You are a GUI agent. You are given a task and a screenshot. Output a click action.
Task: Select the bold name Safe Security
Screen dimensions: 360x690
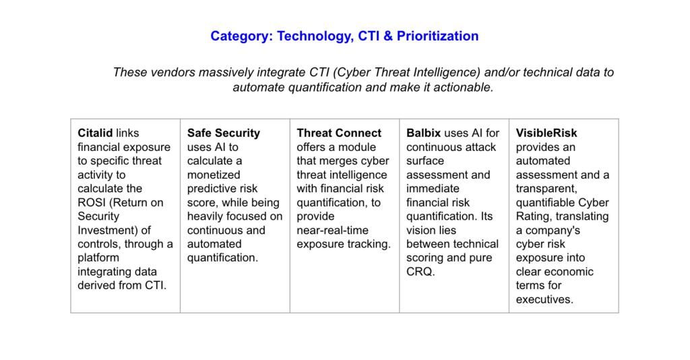tap(223, 133)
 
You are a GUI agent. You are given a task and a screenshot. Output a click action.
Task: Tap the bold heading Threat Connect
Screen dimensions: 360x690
tap(339, 133)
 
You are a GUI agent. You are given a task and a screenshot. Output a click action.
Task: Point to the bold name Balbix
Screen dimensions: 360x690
tap(423, 133)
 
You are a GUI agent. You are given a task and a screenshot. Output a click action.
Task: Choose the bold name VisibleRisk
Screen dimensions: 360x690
tap(546, 133)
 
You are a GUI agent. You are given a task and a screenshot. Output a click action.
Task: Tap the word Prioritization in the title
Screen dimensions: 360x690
tap(437, 36)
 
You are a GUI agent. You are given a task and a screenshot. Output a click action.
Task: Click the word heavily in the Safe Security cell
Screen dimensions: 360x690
tap(206, 216)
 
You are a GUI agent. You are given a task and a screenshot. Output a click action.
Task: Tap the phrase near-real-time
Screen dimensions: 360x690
tap(332, 230)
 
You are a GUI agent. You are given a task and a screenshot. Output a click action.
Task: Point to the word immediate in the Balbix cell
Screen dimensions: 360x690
tap(432, 189)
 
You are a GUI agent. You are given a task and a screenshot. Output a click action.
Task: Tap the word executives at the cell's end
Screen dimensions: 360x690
tap(544, 299)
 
